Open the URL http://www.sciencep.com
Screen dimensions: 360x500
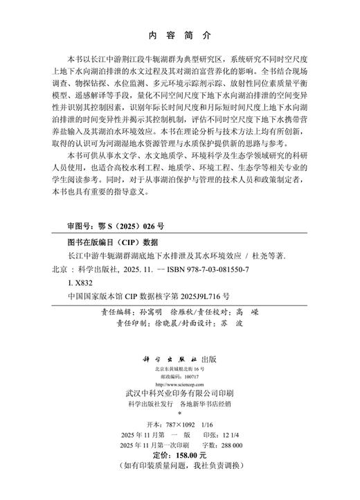(179, 384)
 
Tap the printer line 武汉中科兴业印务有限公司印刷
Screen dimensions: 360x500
(179, 393)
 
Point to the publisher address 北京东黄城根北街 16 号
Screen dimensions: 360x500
(179, 370)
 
